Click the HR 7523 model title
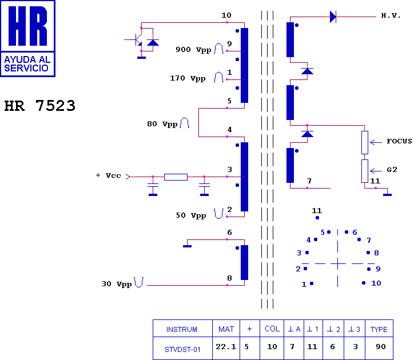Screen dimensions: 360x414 click(x=39, y=106)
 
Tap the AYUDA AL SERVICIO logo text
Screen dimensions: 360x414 click(x=27, y=63)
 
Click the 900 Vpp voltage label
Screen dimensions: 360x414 click(x=193, y=50)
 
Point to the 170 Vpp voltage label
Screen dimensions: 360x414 click(x=188, y=78)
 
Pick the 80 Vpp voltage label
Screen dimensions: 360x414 click(x=162, y=123)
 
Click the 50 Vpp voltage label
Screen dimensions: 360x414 click(x=191, y=215)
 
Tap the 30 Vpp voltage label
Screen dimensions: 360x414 click(x=117, y=284)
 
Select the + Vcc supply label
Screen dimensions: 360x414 click(x=108, y=175)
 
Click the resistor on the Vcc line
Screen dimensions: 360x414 click(x=176, y=177)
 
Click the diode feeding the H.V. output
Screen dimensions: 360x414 click(x=333, y=17)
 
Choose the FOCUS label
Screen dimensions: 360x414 click(x=399, y=141)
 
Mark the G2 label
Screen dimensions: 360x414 click(x=392, y=170)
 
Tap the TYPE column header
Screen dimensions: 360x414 click(x=379, y=329)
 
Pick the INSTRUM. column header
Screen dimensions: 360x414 click(x=182, y=329)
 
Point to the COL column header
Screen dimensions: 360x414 click(x=272, y=329)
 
